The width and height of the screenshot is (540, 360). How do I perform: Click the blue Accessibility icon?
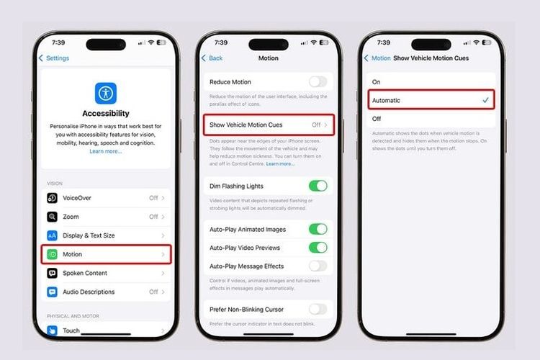click(x=105, y=94)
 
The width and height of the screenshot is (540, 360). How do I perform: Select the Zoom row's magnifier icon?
click(x=53, y=217)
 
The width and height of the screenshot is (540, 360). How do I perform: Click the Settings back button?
click(x=55, y=58)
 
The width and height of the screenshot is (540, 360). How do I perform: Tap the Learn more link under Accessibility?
click(x=105, y=151)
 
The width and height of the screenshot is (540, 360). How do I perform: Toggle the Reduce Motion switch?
click(x=318, y=82)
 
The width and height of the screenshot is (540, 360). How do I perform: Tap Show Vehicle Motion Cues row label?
click(x=246, y=125)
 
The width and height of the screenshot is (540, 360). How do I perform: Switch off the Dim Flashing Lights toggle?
click(x=318, y=186)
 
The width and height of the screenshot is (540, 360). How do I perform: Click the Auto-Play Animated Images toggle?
click(x=318, y=229)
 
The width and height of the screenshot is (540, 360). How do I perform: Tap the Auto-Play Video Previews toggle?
click(x=318, y=248)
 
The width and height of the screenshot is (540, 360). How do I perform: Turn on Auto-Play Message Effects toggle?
click(x=318, y=266)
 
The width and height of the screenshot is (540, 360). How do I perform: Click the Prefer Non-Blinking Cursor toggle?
click(x=318, y=309)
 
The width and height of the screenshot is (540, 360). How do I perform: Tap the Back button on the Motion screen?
click(x=212, y=58)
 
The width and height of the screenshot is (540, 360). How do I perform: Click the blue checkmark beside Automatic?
click(x=485, y=100)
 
